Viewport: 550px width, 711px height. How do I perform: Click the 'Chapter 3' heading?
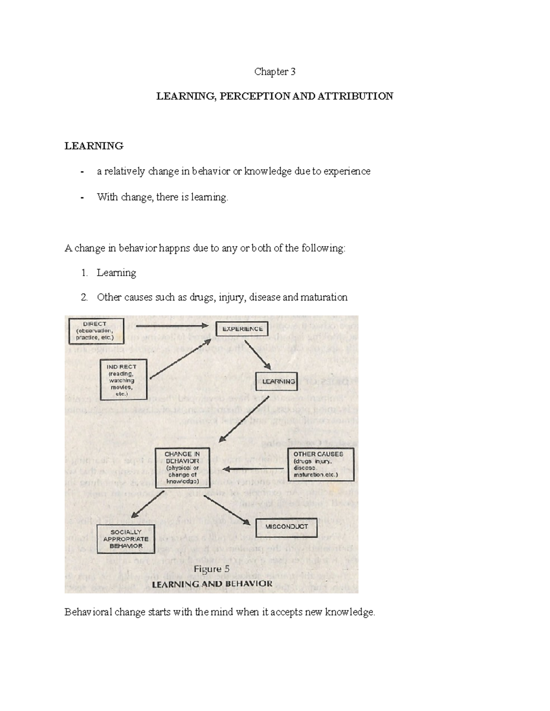coord(275,71)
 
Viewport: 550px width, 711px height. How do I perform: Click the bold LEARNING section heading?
coord(94,146)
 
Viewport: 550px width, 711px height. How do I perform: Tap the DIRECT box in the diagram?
coord(96,331)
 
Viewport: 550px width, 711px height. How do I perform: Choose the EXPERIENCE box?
coord(242,329)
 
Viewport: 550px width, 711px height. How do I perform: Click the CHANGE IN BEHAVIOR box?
coord(182,467)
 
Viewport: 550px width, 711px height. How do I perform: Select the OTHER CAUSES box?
coord(321,464)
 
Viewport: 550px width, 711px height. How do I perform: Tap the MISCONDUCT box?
coord(286,527)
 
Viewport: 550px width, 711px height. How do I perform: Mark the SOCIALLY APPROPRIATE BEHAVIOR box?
coord(126,539)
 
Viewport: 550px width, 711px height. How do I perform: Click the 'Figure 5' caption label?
coord(211,569)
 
